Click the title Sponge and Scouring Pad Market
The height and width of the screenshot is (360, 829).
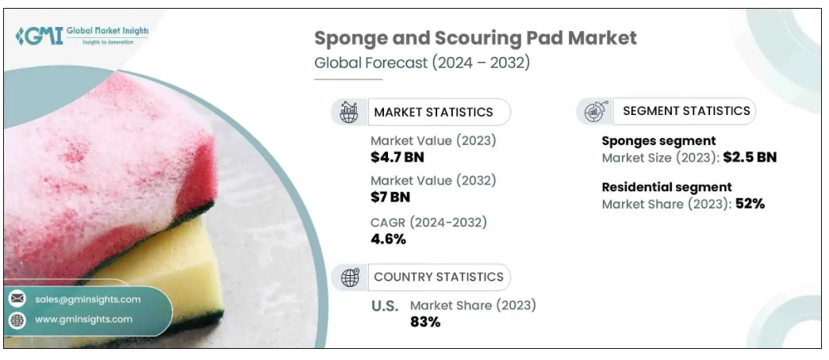point(475,38)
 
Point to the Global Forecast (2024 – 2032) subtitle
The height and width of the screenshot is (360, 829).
point(422,63)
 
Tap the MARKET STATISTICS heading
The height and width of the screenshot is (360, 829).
point(433,112)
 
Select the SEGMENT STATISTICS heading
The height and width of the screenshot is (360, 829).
point(686,111)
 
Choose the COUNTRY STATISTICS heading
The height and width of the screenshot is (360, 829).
point(438,277)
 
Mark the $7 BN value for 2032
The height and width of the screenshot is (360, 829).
point(390,197)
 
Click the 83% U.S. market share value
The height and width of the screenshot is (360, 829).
point(424,321)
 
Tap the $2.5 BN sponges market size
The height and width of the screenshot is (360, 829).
point(750,157)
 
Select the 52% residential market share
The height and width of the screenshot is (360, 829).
point(749,204)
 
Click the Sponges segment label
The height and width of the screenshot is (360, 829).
point(658,141)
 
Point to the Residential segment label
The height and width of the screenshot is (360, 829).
point(666,187)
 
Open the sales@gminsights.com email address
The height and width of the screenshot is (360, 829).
point(88,299)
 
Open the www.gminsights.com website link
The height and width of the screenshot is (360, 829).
point(83,319)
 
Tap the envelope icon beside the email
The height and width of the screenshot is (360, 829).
point(17,299)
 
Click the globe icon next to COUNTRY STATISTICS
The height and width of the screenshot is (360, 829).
point(350,277)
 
